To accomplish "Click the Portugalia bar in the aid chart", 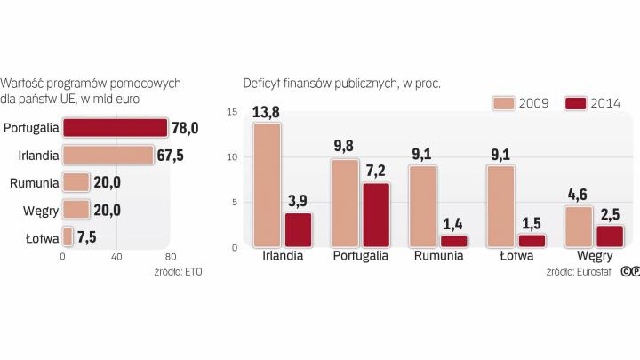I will pyautogui.click(x=115, y=128).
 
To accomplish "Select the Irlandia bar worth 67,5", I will pyautogui.click(x=108, y=156).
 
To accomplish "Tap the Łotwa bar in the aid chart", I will pyautogui.click(x=68, y=237).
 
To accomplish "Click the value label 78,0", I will pyautogui.click(x=186, y=128).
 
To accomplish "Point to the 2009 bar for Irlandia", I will pyautogui.click(x=267, y=185).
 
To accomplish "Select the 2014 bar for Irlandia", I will pyautogui.click(x=297, y=229).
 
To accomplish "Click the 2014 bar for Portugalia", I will pyautogui.click(x=375, y=214).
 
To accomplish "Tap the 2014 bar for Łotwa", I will pyautogui.click(x=532, y=240).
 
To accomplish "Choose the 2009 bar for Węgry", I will pyautogui.click(x=579, y=226).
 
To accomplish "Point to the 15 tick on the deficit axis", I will pyautogui.click(x=232, y=112).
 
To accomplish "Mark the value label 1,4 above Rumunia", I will pyautogui.click(x=453, y=224).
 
